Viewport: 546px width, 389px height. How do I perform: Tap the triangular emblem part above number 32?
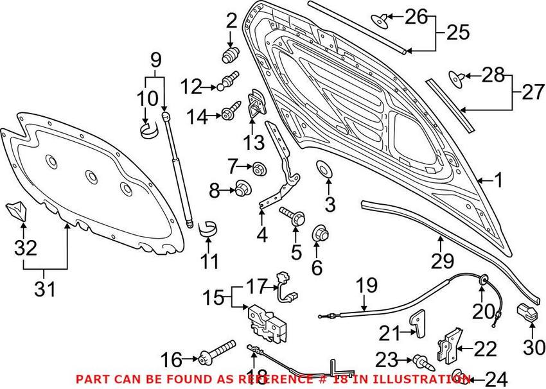pyautogui.click(x=17, y=209)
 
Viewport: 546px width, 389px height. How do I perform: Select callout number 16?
pyautogui.click(x=172, y=358)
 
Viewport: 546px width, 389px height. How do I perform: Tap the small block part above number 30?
pyautogui.click(x=527, y=313)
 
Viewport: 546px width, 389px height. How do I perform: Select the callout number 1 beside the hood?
pyautogui.click(x=498, y=180)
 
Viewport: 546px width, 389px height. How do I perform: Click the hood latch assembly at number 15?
pyautogui.click(x=264, y=319)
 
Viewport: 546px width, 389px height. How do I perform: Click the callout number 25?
pyautogui.click(x=459, y=33)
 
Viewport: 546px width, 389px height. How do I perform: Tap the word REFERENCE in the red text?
pyautogui.click(x=277, y=379)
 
